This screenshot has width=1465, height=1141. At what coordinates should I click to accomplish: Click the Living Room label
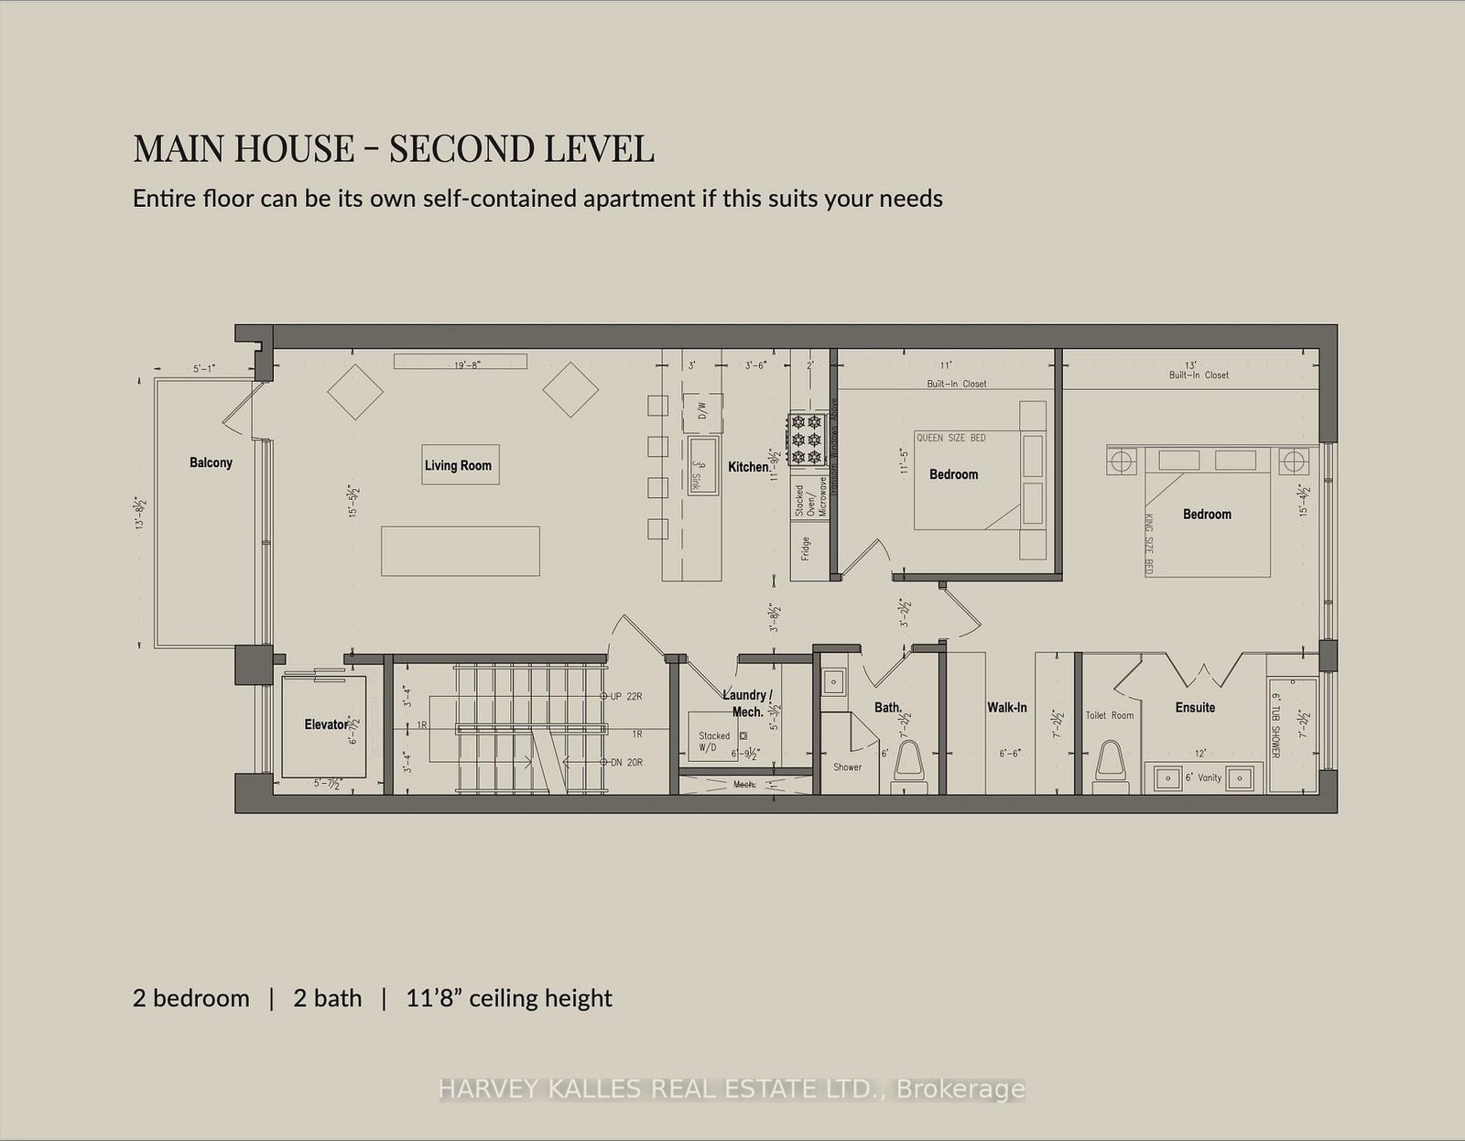pos(458,465)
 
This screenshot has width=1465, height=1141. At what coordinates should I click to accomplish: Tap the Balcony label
pos(211,462)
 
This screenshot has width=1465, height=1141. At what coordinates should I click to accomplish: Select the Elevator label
pos(326,724)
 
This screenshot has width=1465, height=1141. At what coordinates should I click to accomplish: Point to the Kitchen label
pos(748,467)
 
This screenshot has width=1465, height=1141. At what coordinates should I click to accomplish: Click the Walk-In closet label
pos(1006,707)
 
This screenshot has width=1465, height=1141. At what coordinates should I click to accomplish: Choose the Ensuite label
pos(1195,707)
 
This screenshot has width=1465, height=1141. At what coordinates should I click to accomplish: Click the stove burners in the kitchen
pos(807,440)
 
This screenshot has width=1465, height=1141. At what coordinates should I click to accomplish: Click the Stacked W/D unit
pos(715,741)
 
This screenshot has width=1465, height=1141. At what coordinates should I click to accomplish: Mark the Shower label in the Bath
pos(847,766)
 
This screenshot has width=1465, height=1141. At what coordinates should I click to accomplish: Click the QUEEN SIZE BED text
pos(950,438)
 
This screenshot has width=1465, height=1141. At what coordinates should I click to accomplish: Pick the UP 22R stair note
pos(625,697)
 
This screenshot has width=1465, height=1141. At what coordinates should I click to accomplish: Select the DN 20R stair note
pos(625,762)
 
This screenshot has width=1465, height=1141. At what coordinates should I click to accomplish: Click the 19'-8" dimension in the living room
pos(467,364)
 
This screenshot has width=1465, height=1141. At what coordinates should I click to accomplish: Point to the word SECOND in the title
pos(461,148)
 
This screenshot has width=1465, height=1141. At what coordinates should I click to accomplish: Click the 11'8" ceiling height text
pos(509,998)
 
